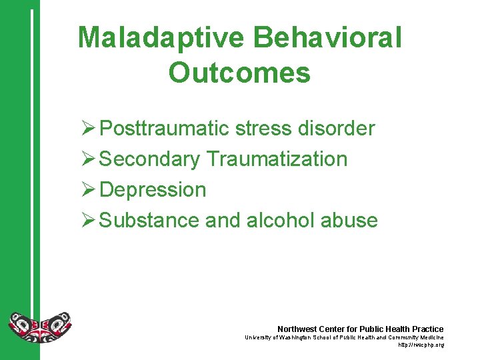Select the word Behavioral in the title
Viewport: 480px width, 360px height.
(x=330, y=38)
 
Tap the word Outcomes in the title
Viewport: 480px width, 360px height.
(x=239, y=73)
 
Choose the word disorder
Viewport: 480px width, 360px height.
(x=343, y=128)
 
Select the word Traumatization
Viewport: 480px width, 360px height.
(x=277, y=159)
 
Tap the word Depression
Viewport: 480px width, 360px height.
(x=153, y=190)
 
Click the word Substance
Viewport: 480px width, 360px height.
(x=149, y=221)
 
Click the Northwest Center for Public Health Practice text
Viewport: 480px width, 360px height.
(x=360, y=329)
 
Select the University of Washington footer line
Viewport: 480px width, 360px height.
(x=344, y=338)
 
